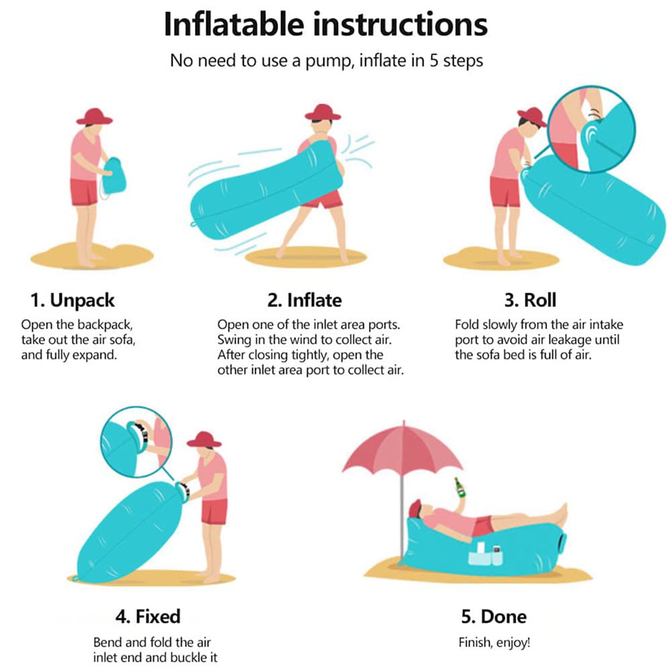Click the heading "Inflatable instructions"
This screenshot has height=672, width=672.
pos(326,25)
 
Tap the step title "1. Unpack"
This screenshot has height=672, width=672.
pos(73,300)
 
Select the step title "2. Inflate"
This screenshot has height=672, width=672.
pos(304,300)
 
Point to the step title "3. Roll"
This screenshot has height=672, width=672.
pos(530,300)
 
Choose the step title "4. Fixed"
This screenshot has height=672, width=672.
pos(148,616)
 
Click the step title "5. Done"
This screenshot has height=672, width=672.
pos(494,616)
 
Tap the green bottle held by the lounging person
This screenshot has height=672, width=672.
pos(460,487)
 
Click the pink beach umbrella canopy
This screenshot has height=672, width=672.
pos(403,448)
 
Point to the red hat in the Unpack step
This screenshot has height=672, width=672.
pos(94,116)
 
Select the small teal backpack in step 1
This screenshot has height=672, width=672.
pos(114,176)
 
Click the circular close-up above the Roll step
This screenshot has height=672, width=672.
pos(591,129)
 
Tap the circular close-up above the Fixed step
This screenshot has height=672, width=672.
pos(136,442)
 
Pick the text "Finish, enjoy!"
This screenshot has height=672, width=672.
pos(494,642)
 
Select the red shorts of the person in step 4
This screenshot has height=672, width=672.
pos(214,511)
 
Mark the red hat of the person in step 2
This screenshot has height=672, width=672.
pos(323,112)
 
